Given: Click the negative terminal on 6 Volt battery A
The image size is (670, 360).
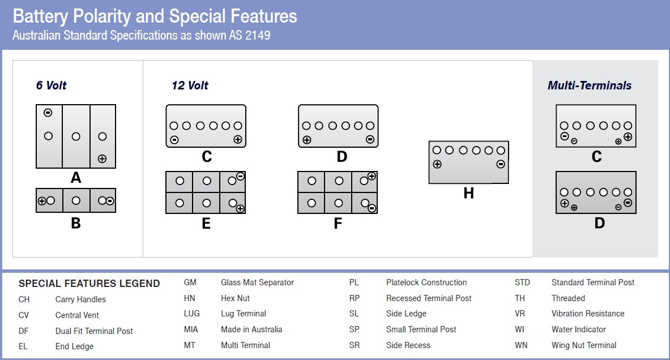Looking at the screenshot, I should coord(48,113).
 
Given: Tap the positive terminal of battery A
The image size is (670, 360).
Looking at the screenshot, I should coord(102,158).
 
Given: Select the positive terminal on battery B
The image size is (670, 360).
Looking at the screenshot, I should coord(42,200).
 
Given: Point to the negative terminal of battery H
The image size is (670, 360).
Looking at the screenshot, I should coord(501,164).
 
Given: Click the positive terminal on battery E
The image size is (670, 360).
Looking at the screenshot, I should coord(240,209).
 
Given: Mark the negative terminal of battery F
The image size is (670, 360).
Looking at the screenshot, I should coord(372,208).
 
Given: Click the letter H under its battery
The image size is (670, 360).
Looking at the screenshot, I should coord(468,194).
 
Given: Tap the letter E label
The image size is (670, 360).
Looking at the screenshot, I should coord(206,224).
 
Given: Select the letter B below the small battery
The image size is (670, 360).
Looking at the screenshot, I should coord(76,224).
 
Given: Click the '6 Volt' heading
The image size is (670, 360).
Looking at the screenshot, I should coord(51,85).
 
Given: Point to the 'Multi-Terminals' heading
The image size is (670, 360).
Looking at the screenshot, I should coord(589,85).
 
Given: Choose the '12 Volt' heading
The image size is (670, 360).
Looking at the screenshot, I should coord(190,85).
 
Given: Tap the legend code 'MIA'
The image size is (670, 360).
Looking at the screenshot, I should coord(191,329).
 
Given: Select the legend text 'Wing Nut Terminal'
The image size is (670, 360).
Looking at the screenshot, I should coord(584,345).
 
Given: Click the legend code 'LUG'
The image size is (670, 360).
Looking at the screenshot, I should coord(191,314).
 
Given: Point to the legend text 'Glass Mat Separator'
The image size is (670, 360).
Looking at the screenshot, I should coord(257,282).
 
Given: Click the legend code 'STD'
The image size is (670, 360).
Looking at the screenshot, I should coord(522,282).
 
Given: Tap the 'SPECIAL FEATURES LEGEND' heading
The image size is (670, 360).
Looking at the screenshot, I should coord(89,284).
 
